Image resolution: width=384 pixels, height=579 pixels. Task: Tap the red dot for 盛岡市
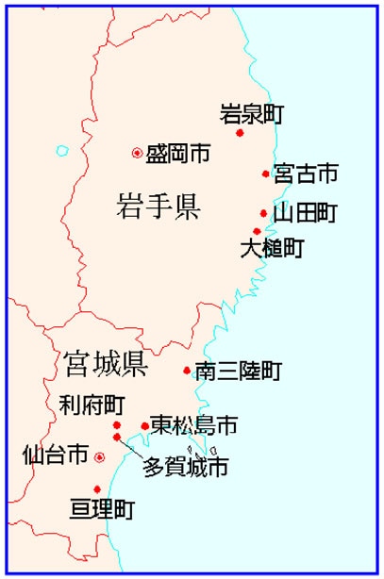click(x=137, y=153)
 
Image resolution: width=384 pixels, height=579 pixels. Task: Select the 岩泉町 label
click(x=251, y=114)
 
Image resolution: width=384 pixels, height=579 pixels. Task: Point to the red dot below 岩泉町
click(x=240, y=133)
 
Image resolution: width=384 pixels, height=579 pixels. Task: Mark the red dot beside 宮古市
click(x=266, y=174)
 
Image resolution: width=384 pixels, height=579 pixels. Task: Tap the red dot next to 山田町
click(x=264, y=213)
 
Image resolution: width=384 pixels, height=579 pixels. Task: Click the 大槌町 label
click(x=272, y=249)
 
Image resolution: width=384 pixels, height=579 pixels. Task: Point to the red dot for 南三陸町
click(x=187, y=371)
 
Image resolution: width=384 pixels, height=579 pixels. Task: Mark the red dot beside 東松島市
click(x=144, y=426)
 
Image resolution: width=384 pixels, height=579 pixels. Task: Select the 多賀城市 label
click(x=185, y=466)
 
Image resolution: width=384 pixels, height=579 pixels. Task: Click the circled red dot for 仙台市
click(x=99, y=457)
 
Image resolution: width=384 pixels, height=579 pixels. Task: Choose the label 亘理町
click(x=103, y=510)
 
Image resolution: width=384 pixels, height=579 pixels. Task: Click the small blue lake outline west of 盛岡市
click(x=62, y=150)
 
